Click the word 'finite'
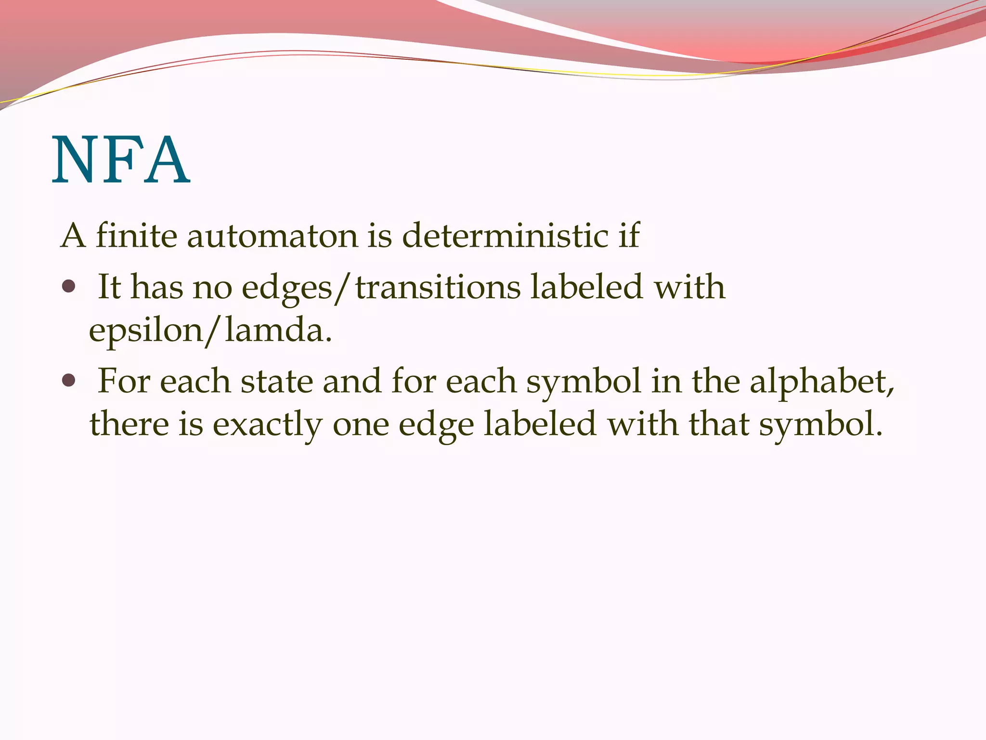click(x=136, y=236)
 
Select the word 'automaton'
click(x=272, y=236)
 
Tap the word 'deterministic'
click(x=505, y=236)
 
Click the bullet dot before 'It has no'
click(x=69, y=287)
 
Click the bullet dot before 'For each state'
click(x=69, y=381)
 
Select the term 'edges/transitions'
click(x=381, y=288)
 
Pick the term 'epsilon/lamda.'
click(x=210, y=331)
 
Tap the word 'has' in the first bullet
click(x=157, y=287)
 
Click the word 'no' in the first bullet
click(x=212, y=288)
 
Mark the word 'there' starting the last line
click(x=129, y=424)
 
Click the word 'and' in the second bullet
click(x=352, y=381)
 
